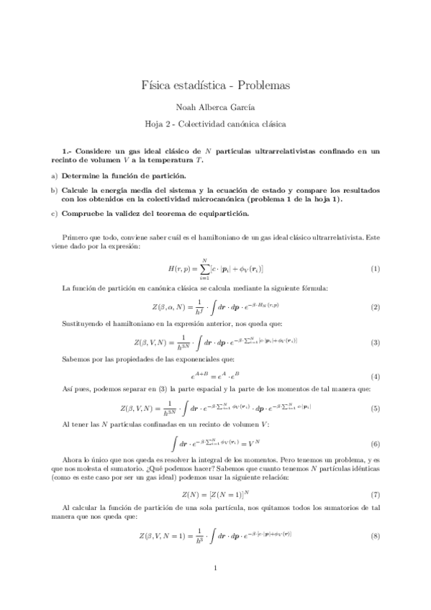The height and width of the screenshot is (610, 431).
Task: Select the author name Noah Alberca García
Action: pos(216,106)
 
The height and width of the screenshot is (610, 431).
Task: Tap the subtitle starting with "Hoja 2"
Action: pos(216,124)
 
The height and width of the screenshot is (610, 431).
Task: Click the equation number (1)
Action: pos(375,268)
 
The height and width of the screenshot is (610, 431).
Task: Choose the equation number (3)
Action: pos(375,342)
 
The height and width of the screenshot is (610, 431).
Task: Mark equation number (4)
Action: pos(375,376)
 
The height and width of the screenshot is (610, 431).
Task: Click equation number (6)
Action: pos(375,445)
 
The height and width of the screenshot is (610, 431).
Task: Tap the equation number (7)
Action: pos(375,495)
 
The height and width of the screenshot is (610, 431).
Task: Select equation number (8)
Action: pos(375,536)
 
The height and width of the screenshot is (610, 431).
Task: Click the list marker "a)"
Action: pos(54,176)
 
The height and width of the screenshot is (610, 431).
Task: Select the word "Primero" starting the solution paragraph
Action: pos(77,236)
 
